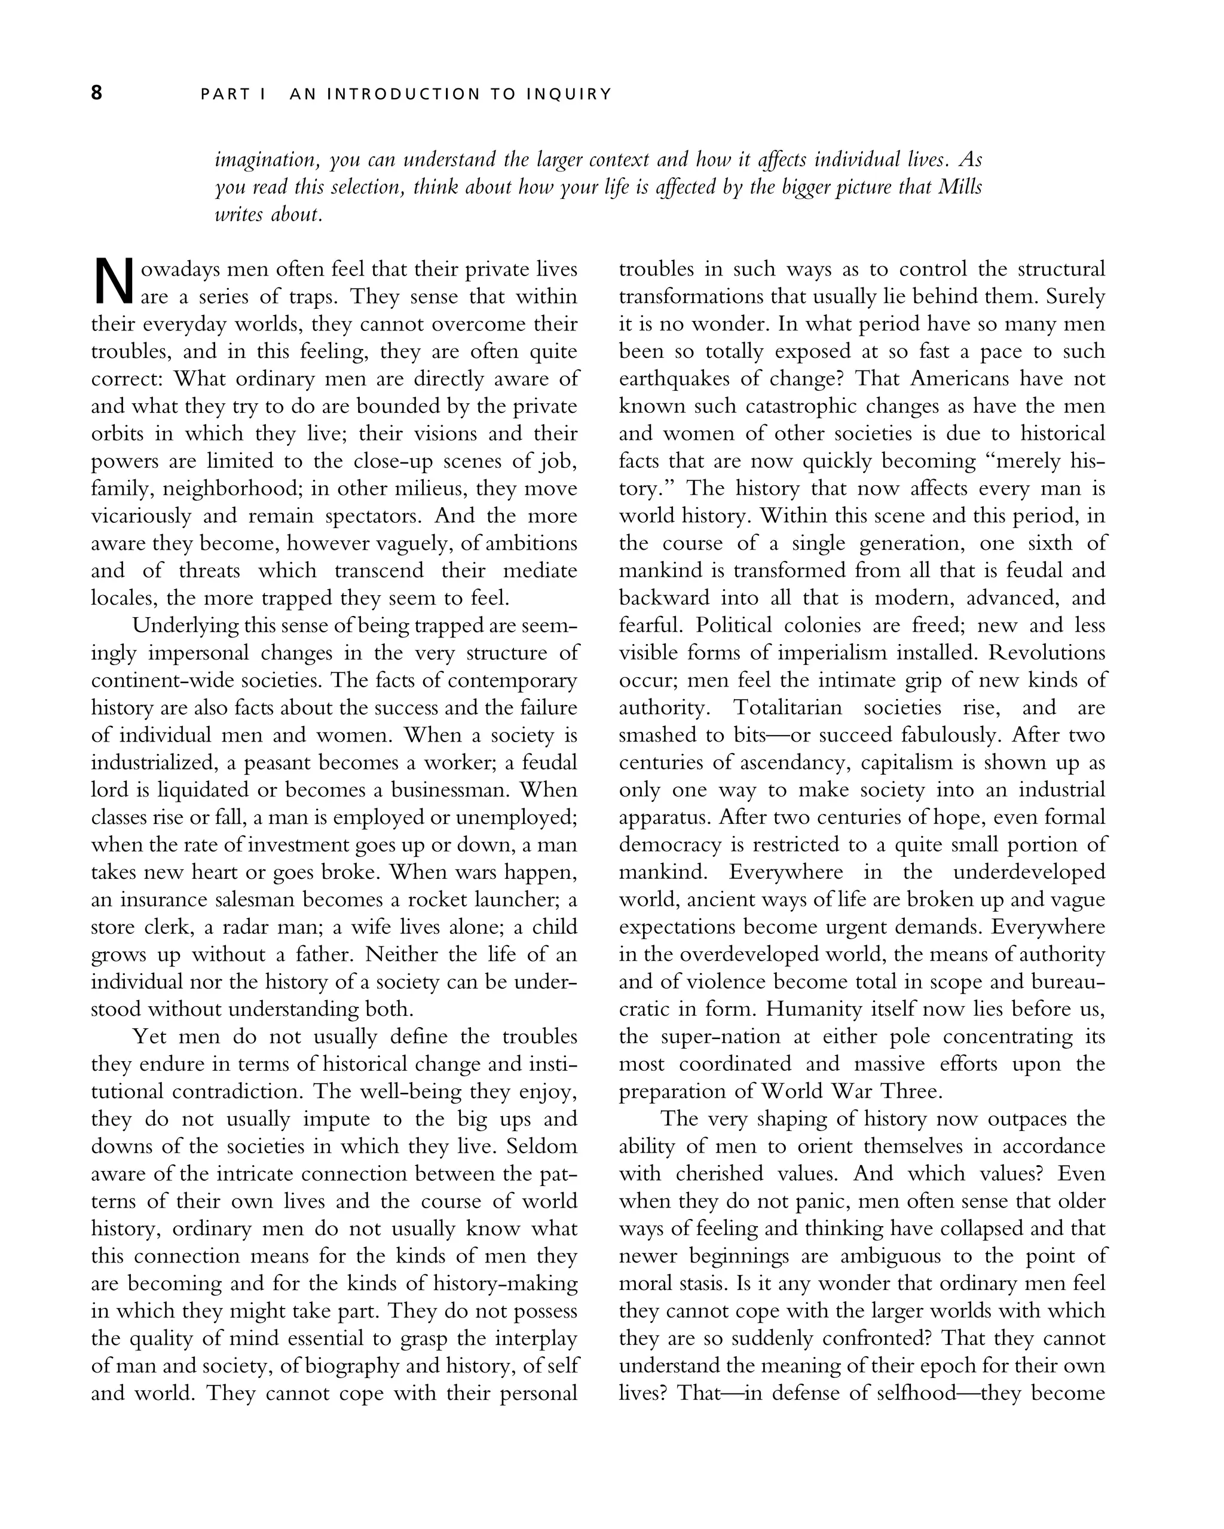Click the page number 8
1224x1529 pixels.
point(96,93)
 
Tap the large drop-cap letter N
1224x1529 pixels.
point(114,282)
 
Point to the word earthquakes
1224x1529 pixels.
point(673,379)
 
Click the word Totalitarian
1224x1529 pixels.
point(787,708)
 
